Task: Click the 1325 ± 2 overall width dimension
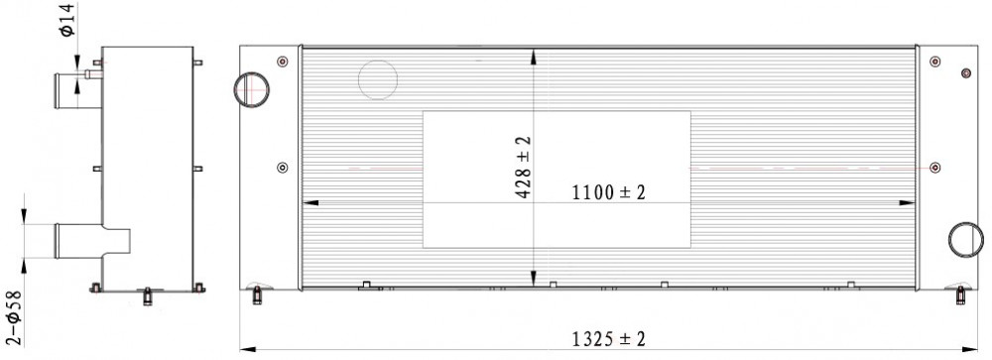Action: (609, 339)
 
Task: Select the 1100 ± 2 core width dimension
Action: (609, 192)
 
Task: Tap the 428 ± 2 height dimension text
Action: (524, 167)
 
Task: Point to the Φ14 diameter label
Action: (68, 21)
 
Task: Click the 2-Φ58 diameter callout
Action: (13, 317)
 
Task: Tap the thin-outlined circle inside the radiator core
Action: (378, 60)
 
